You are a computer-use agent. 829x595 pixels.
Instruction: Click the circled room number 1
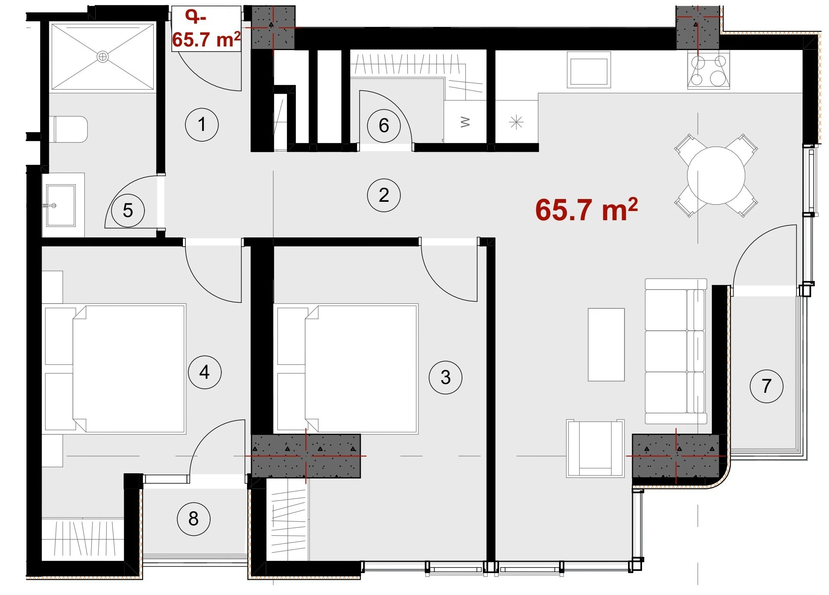[202, 125]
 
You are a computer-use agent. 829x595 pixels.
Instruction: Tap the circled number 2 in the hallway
[383, 195]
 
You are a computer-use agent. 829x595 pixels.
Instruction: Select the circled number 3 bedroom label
[445, 377]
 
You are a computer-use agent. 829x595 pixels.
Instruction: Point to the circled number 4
[205, 372]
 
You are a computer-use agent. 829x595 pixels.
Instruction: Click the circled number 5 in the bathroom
[128, 211]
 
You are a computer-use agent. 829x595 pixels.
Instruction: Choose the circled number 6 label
[383, 125]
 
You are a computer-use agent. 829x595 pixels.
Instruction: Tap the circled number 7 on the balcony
[766, 386]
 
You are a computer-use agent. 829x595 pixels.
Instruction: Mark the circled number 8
[193, 519]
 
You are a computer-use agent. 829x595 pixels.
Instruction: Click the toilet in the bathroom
[70, 129]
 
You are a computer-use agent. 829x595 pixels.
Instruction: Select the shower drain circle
[103, 57]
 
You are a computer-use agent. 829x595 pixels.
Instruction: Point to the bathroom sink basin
[60, 205]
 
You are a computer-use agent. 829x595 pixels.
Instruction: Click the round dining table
[716, 175]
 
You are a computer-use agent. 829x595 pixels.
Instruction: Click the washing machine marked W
[465, 121]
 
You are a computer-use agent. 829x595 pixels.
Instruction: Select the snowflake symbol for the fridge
[516, 122]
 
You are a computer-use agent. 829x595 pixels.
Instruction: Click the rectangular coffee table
[606, 344]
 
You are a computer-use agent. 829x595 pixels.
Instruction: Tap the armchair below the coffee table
[595, 448]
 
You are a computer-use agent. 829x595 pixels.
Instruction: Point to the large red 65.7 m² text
[586, 209]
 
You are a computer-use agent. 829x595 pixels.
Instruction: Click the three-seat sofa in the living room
[676, 351]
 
